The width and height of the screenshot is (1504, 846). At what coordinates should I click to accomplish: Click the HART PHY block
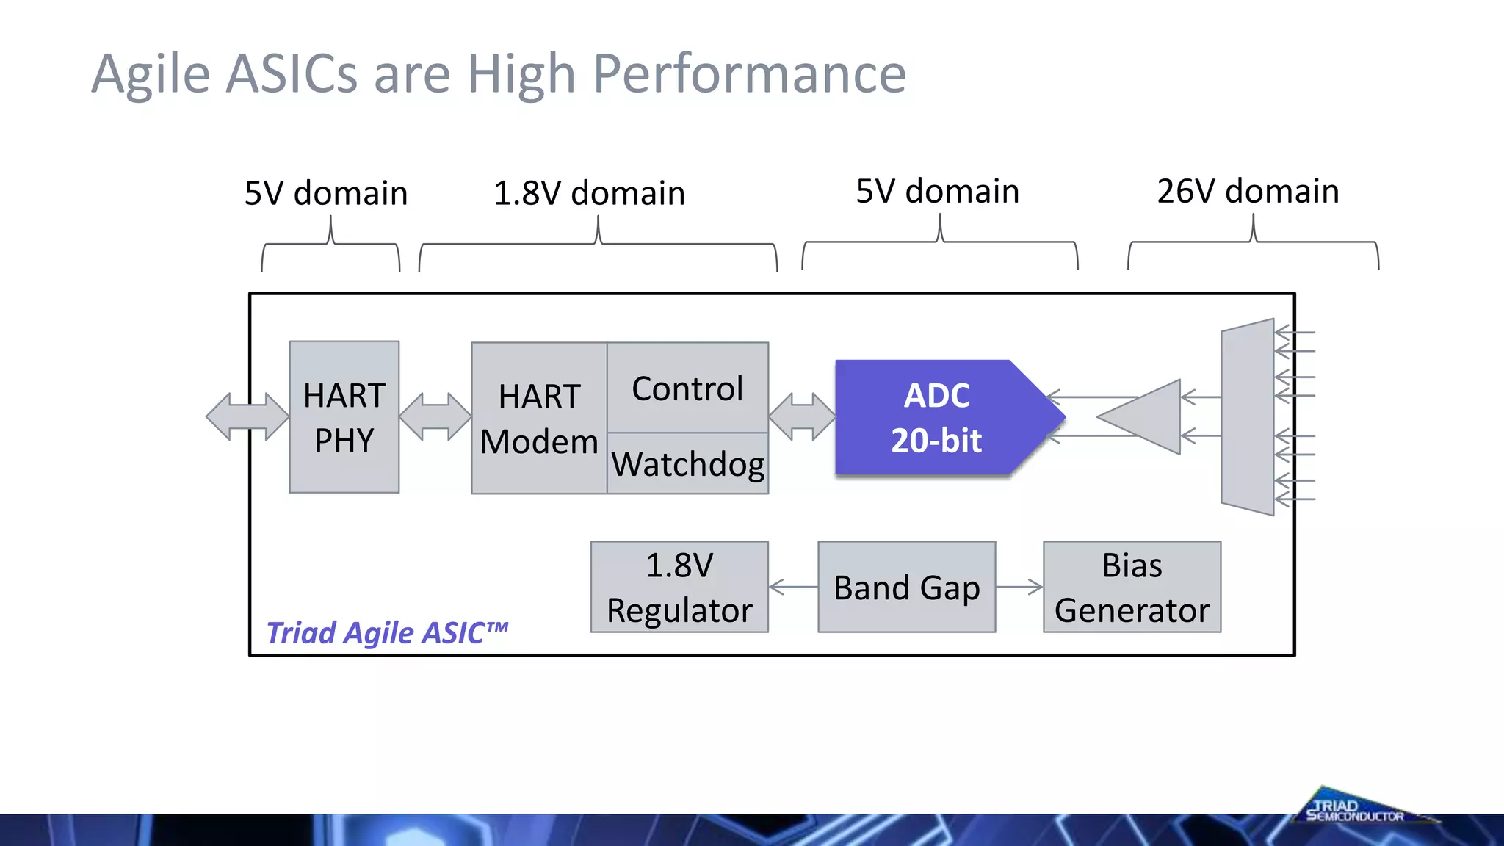[x=344, y=417]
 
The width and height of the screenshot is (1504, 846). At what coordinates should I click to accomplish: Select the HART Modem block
[x=539, y=419]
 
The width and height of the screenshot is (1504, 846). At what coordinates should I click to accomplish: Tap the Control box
[x=687, y=388]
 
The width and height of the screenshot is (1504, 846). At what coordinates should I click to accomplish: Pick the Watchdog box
[x=687, y=464]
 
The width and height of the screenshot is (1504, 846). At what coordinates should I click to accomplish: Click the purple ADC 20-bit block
[x=936, y=417]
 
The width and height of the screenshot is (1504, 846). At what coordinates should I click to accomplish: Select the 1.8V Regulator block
[x=679, y=587]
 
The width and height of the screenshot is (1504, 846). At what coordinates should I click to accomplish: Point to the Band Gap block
[x=906, y=587]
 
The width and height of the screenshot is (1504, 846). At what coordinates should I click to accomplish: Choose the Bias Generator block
[x=1132, y=587]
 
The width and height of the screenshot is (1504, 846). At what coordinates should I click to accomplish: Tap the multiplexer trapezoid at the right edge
[x=1247, y=417]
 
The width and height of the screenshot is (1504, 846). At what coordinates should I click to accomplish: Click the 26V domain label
[x=1248, y=191]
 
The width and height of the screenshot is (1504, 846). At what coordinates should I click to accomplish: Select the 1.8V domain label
[x=589, y=193]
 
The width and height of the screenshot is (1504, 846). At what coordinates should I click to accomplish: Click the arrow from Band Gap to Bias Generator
[x=1019, y=587]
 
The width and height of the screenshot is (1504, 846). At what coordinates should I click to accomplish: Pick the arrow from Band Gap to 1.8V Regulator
[x=793, y=587]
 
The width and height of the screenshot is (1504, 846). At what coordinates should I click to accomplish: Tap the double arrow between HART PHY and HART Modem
[x=435, y=416]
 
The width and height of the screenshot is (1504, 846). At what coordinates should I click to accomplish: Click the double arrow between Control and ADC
[x=802, y=416]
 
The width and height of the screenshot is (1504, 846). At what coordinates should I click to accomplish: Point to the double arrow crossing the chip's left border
[x=247, y=416]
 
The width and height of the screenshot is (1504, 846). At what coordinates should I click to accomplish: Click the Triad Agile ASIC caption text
[x=387, y=632]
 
